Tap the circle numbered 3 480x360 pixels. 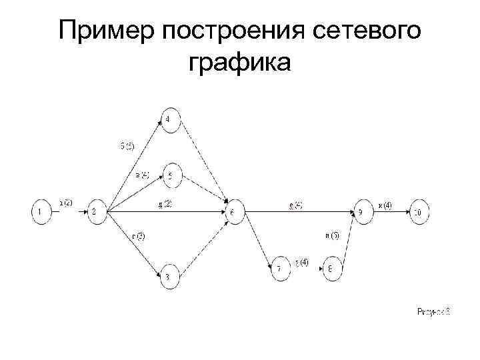pos(169,277)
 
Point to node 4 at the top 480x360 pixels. pos(169,119)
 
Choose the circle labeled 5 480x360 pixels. pos(171,176)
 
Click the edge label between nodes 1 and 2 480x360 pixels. pos(66,203)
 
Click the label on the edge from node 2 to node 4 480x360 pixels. pos(127,146)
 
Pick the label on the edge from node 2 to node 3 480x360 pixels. pos(137,235)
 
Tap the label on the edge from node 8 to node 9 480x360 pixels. pos(332,235)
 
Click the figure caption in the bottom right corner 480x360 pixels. pos(433,311)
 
